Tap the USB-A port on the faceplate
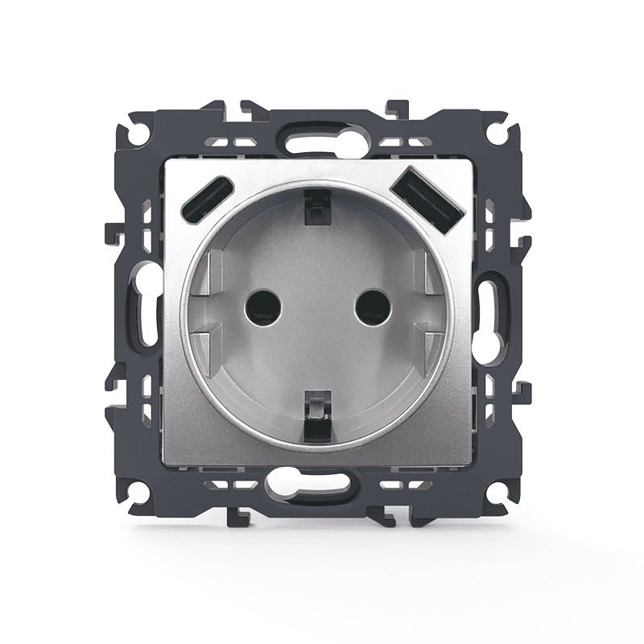coord(427,200)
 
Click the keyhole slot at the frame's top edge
coord(316,142)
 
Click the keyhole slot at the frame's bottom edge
coord(317,484)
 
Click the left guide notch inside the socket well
coord(208,310)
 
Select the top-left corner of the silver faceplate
coord(165,159)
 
